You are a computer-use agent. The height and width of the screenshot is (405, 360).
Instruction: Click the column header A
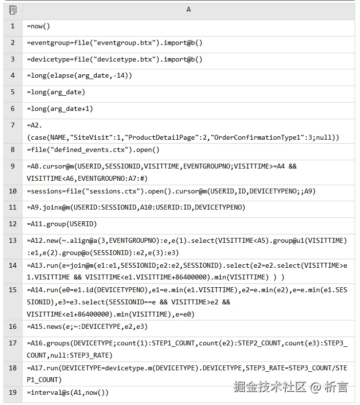click(189, 10)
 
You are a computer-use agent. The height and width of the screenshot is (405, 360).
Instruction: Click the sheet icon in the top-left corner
click(13, 10)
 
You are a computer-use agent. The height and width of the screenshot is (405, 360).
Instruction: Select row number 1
click(13, 26)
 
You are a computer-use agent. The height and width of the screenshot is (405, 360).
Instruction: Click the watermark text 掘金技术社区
click(270, 387)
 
